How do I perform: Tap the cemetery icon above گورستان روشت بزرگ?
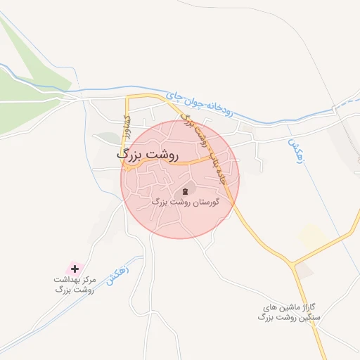(186, 191)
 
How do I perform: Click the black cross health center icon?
(75, 269)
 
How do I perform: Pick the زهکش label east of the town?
(293, 150)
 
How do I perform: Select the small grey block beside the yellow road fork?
(304, 270)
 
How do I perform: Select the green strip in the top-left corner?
(28, 63)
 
